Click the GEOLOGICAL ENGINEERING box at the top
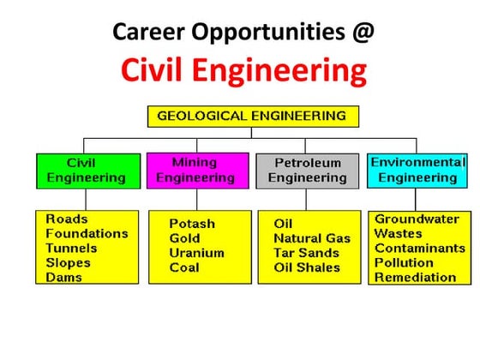click(x=252, y=116)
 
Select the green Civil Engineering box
click(x=86, y=170)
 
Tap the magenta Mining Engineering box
click(x=195, y=170)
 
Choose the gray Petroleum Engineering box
click(x=308, y=170)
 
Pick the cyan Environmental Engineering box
click(x=417, y=170)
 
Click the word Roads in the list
click(x=67, y=219)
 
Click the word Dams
click(x=64, y=277)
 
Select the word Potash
click(x=192, y=223)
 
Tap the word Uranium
click(x=196, y=253)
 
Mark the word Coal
click(x=184, y=267)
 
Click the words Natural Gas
click(x=312, y=237)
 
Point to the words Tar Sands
click(x=306, y=253)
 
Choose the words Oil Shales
click(x=306, y=267)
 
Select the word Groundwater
click(x=417, y=219)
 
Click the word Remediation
click(x=415, y=277)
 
